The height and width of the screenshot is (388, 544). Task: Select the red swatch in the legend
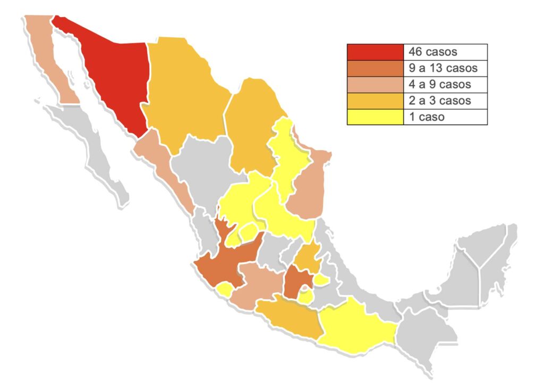(x=375, y=52)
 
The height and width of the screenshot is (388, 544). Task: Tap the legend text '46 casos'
(x=433, y=52)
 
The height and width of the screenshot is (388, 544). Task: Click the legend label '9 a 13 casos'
(x=443, y=68)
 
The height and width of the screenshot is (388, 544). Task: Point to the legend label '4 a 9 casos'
(x=440, y=85)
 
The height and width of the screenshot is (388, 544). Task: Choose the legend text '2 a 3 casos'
(x=440, y=101)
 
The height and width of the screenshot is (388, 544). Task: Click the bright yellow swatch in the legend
(x=375, y=117)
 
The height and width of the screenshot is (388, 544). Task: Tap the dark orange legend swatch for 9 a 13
(x=375, y=68)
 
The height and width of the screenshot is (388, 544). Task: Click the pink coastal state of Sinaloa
(x=165, y=168)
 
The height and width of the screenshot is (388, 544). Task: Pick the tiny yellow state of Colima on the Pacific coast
(x=224, y=290)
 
